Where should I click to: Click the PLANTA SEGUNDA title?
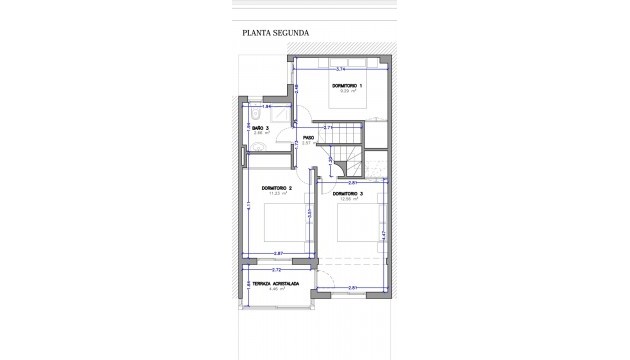coord(276,32)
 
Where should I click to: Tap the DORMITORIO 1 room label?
coord(347,88)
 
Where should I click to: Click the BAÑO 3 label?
coord(259,128)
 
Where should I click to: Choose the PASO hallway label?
coord(309,138)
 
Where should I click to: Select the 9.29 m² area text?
coord(347,93)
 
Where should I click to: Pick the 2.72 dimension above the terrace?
coord(277,271)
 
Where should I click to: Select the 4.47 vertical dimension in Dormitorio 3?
coord(385,234)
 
